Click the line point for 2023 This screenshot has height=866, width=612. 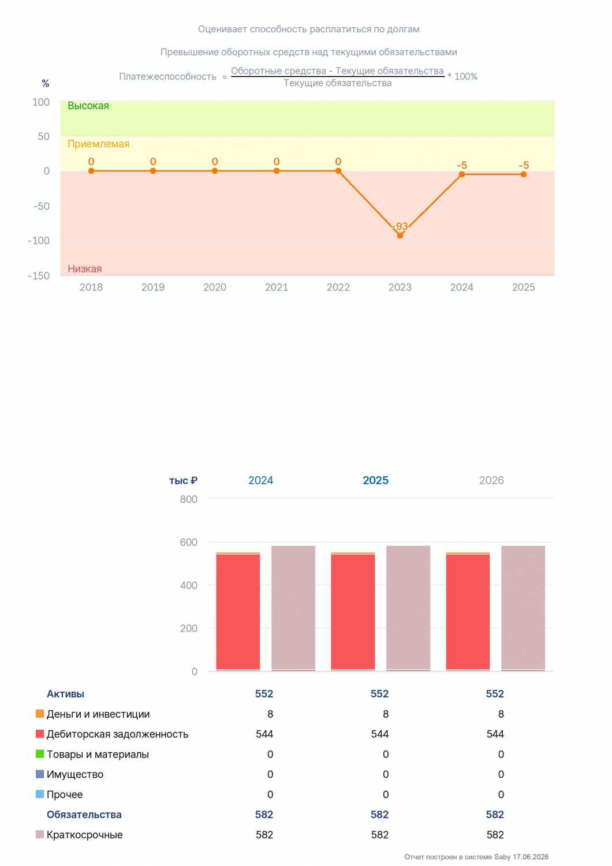pos(400,235)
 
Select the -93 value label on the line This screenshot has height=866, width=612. pos(400,226)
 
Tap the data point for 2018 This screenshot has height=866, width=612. pos(91,171)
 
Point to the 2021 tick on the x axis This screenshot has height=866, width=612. pos(277,288)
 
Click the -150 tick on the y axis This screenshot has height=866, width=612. pos(39,275)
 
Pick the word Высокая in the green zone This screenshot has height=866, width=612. pos(88,106)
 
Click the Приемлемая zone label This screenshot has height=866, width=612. pos(99,144)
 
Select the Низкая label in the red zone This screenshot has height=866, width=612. pos(85,268)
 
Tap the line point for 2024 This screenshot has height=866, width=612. pos(462,174)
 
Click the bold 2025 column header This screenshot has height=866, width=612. pos(375,480)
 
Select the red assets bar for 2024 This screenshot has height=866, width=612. pos(238,612)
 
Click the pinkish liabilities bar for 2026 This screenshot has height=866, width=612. pos(523,608)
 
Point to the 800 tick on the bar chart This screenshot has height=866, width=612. pos(189,499)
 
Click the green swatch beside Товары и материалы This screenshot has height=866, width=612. pos(39,753)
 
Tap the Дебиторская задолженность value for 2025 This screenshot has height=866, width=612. pos(380,734)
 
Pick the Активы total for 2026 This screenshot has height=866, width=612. pos(495,693)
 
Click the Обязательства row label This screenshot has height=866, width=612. pos(84,814)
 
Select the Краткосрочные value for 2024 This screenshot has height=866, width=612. pos(264,834)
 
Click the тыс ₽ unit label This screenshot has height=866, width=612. pos(183,480)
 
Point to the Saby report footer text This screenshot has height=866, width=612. pos(476,857)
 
